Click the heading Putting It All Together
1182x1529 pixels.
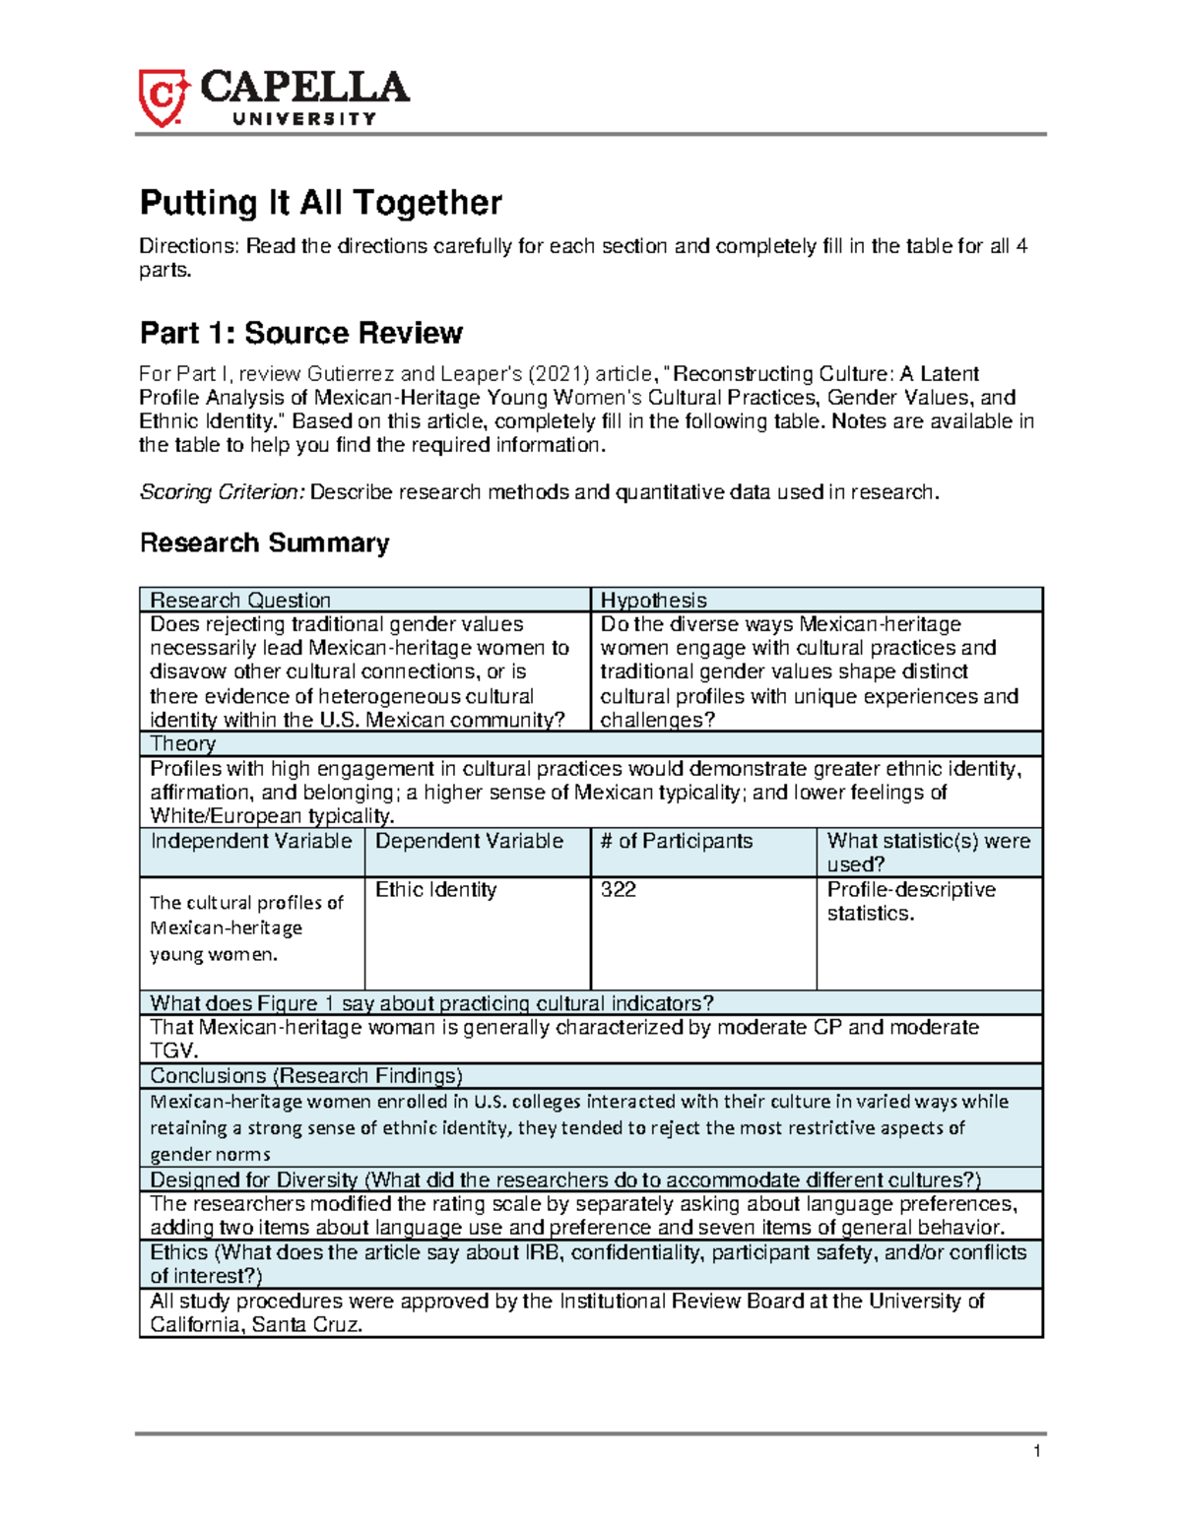click(x=321, y=203)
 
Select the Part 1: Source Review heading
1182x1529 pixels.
click(x=301, y=333)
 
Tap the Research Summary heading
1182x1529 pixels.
click(x=264, y=542)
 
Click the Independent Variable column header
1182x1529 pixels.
click(x=251, y=841)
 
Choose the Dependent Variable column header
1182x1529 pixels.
click(x=469, y=841)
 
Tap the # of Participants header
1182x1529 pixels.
click(x=677, y=841)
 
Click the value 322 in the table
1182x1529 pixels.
click(x=619, y=889)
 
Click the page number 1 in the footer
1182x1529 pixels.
click(x=1036, y=1451)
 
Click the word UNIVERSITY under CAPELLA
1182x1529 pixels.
click(x=304, y=119)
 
